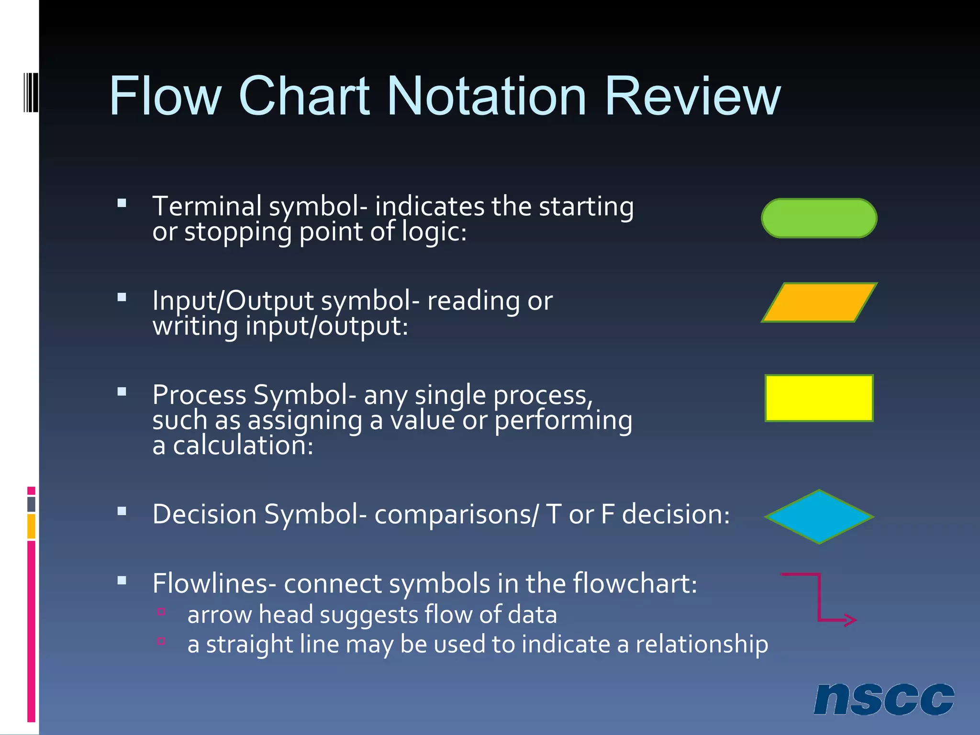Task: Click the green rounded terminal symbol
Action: (819, 218)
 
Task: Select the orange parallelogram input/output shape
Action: (819, 302)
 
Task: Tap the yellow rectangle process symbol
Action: (819, 398)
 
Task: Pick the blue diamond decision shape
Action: (819, 517)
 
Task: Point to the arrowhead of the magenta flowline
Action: (851, 620)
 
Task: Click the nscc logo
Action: (883, 699)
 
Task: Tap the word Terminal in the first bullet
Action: (207, 206)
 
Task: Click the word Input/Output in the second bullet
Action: (233, 301)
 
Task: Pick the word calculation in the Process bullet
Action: (243, 445)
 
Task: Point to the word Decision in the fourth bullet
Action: (205, 514)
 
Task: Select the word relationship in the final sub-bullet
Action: (702, 644)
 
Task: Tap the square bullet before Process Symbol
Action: (122, 392)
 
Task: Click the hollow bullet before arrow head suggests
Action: (161, 612)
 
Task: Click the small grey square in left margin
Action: (31, 504)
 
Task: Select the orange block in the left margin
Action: (31, 526)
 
